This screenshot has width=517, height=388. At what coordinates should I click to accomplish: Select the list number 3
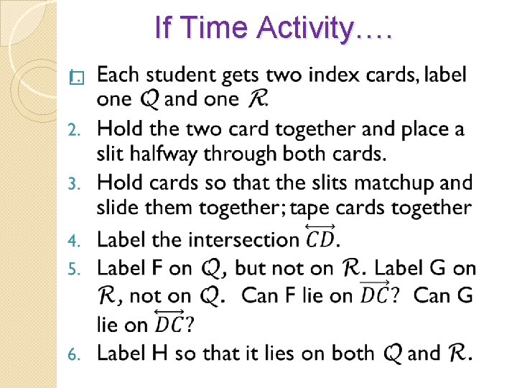pos(73,183)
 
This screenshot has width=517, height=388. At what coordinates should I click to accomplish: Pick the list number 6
pos(73,354)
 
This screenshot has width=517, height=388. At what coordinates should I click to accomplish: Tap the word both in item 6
pos(348,353)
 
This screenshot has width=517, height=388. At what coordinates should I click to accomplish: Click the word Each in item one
pos(117,75)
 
